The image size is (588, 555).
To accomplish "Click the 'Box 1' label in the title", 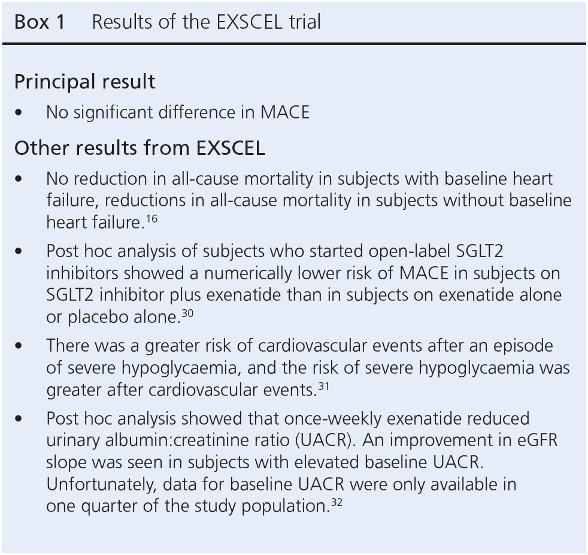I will click(x=40, y=22).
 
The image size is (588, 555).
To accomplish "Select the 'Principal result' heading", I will click(x=84, y=81).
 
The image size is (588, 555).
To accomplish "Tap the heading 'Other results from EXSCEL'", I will click(x=140, y=148).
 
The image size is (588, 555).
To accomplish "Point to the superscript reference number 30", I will click(x=187, y=313).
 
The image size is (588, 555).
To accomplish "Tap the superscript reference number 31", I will click(x=323, y=386).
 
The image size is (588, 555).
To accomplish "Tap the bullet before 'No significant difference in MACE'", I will click(x=22, y=112).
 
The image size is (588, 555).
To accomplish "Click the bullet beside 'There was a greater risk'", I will click(x=22, y=346).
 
